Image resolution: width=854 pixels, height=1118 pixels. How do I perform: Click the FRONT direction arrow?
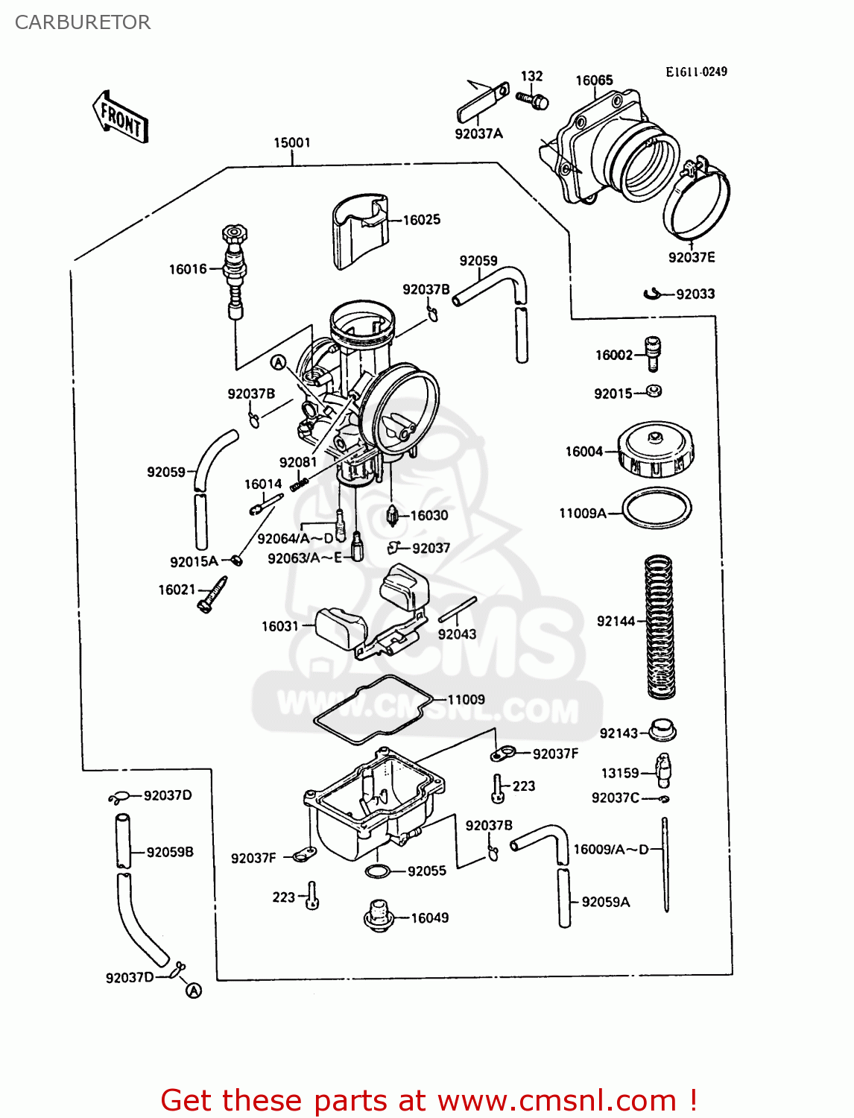pos(121,118)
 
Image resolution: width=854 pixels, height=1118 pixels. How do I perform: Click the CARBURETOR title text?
pos(83,22)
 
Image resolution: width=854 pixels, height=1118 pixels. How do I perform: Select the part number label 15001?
pos(292,142)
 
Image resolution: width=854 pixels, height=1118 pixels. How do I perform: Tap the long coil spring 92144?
pos(659,626)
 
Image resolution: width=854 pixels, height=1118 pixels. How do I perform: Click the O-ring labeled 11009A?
pos(657,509)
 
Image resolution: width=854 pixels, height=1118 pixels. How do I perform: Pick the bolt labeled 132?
pos(534,99)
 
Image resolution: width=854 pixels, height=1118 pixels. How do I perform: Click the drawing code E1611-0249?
pos(696,72)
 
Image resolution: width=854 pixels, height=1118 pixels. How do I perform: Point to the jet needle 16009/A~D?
pos(665,865)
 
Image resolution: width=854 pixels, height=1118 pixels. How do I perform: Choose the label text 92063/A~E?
pos(304,558)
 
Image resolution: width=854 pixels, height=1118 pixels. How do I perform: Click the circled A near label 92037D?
pos(194,991)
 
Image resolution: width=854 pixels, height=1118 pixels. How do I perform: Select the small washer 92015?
pos(654,391)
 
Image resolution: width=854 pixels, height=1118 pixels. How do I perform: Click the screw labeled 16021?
pos(212,595)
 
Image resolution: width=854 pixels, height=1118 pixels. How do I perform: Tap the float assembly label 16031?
pos(279,626)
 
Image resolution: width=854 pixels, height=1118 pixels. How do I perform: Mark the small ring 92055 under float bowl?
pos(378,871)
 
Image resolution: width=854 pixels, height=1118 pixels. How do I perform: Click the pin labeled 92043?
pos(457,610)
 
